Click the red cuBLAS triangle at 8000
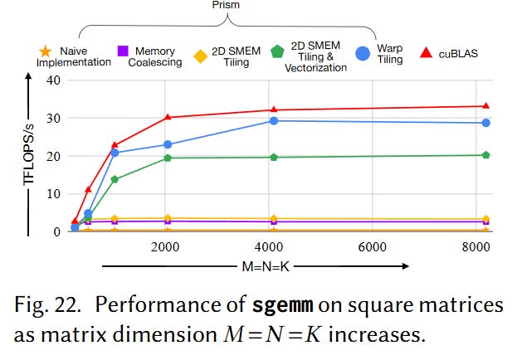[x=486, y=106]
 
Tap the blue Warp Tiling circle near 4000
[x=274, y=121]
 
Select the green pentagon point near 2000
[x=168, y=158]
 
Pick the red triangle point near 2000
[x=168, y=117]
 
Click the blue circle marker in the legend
[x=363, y=53]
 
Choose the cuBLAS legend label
[x=458, y=54]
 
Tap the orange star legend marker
[x=45, y=51]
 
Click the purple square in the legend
[x=123, y=51]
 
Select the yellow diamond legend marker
[x=201, y=56]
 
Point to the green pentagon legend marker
[x=277, y=51]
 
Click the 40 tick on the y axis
[x=54, y=80]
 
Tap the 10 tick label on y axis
[x=54, y=194]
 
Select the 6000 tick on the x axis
[x=372, y=247]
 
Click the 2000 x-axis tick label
[x=165, y=247]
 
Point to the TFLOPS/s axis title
[x=29, y=154]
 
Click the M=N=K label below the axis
[x=266, y=266]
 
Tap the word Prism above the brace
[x=226, y=5]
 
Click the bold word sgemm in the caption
[x=283, y=305]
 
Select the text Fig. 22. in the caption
[x=47, y=305]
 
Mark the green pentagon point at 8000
[x=486, y=155]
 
